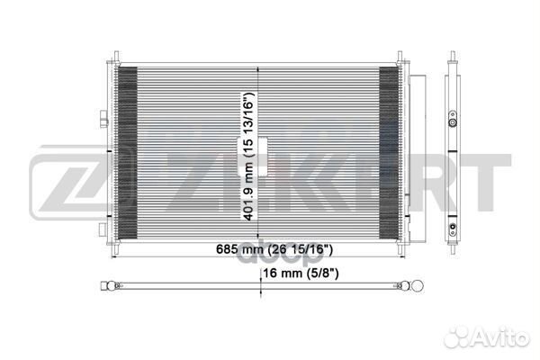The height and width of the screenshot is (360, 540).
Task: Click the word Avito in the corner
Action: click(505, 338)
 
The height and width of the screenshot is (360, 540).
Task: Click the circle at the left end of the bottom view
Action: click(112, 287)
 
